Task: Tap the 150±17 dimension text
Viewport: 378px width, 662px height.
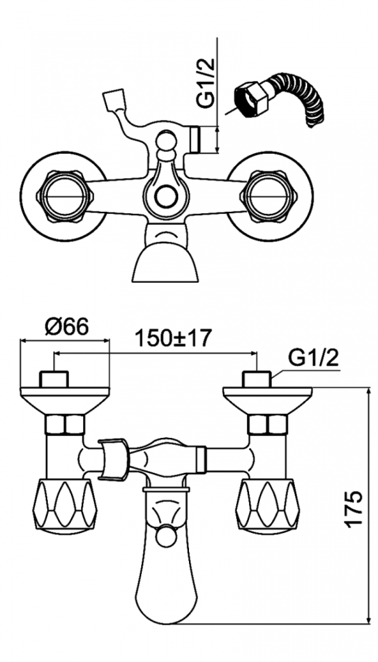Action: click(x=172, y=338)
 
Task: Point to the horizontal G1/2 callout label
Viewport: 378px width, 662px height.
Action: click(x=313, y=359)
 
